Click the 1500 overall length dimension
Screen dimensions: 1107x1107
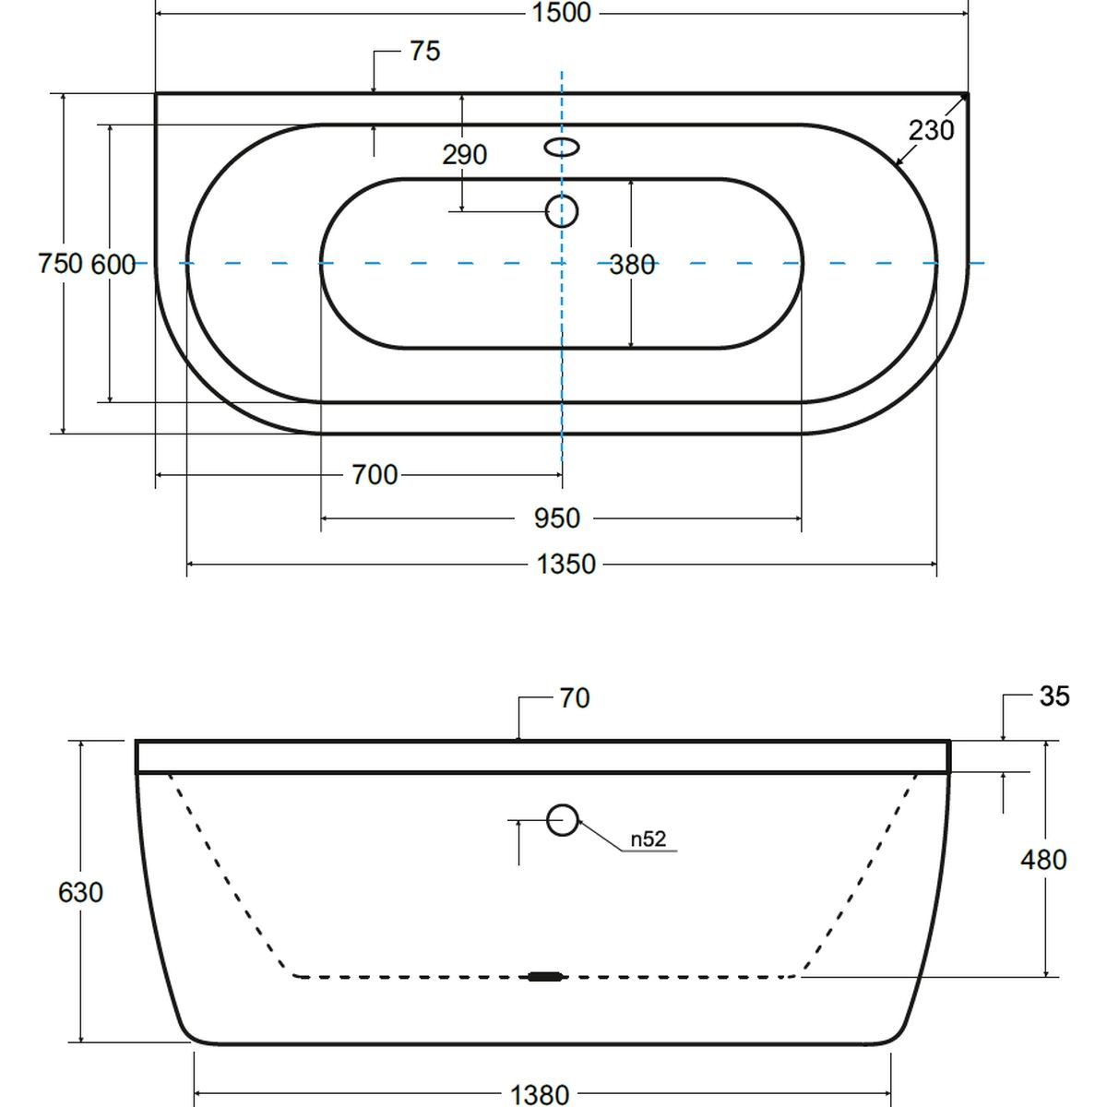pyautogui.click(x=561, y=13)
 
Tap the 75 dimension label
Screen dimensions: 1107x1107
pyautogui.click(x=425, y=51)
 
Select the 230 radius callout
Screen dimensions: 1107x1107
pyautogui.click(x=931, y=130)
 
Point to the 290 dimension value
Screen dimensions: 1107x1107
pyautogui.click(x=465, y=155)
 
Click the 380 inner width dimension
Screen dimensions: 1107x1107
pyautogui.click(x=632, y=265)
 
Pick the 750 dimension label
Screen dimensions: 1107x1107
pyautogui.click(x=60, y=264)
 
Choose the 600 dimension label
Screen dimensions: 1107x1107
pyautogui.click(x=113, y=265)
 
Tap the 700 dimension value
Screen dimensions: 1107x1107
pyautogui.click(x=375, y=475)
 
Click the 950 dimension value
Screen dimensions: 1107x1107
pyautogui.click(x=556, y=518)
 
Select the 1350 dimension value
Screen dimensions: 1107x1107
pyautogui.click(x=565, y=565)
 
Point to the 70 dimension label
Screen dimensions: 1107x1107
pyautogui.click(x=575, y=698)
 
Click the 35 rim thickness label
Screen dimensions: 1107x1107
pyautogui.click(x=1054, y=696)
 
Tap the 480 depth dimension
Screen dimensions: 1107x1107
pyautogui.click(x=1043, y=860)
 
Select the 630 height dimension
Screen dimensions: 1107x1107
pyautogui.click(x=80, y=892)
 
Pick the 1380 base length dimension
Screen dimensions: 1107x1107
pyautogui.click(x=540, y=1094)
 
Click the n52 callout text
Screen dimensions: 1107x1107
pyautogui.click(x=649, y=839)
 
